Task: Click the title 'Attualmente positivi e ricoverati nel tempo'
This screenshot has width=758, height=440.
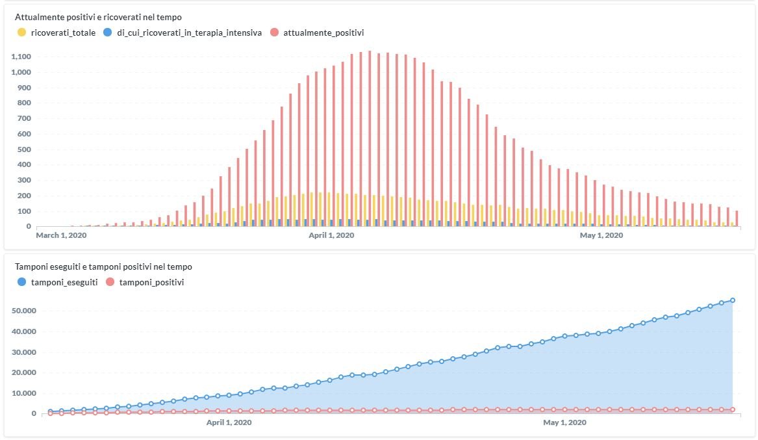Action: coord(98,17)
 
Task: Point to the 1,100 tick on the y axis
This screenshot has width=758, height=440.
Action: coord(21,57)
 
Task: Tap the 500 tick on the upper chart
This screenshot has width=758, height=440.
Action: coord(24,149)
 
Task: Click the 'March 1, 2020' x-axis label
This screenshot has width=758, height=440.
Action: coord(61,235)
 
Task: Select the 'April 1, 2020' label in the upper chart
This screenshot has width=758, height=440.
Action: coord(331,235)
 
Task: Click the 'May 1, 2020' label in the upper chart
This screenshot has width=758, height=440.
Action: coord(601,235)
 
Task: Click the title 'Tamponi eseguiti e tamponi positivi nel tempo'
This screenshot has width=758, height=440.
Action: coord(103,266)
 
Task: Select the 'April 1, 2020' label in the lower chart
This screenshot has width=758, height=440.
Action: coord(229,422)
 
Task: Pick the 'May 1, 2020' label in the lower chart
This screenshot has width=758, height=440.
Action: coord(564,422)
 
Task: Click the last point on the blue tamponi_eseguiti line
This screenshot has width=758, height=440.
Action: coord(733,300)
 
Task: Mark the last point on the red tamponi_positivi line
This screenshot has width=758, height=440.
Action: coord(733,409)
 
